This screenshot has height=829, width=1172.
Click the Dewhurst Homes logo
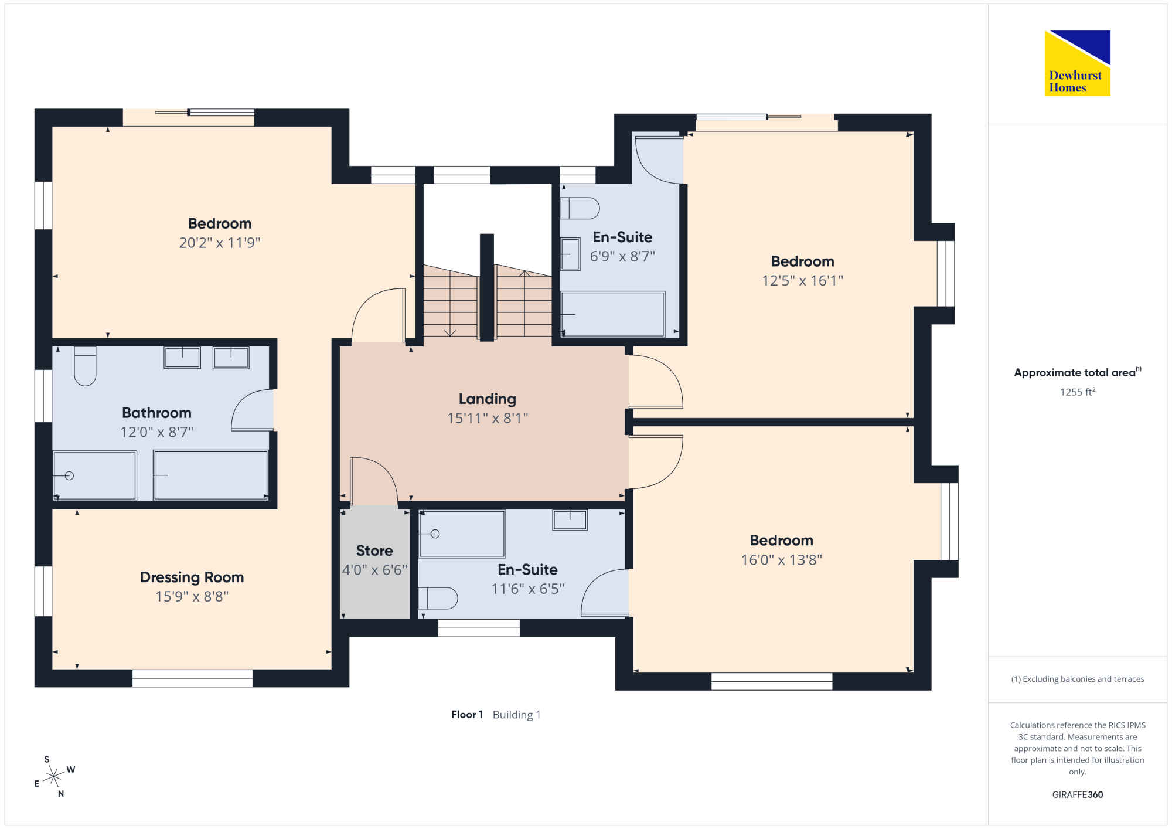pos(1078,63)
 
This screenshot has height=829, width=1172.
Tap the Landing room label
pos(488,399)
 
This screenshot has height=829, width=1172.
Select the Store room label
pos(374,551)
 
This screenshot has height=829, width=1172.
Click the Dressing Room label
pos(192,577)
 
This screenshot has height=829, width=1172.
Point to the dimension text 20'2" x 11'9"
pos(220,243)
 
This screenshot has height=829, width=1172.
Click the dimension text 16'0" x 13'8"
pos(782,560)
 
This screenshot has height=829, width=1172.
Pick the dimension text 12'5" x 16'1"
pos(803,281)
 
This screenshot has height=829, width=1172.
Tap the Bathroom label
pos(157,413)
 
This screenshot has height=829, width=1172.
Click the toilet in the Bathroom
pos(85,366)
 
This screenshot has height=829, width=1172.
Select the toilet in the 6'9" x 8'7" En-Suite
pos(580,208)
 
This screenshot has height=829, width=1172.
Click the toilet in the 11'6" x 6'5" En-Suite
pos(438,599)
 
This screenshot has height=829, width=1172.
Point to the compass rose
pos(54,777)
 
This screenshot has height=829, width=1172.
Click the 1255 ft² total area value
pos(1078,392)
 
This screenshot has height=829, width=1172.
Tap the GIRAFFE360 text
pos(1078,795)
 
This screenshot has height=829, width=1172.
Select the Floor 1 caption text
pos(467,715)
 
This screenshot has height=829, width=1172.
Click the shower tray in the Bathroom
pos(95,475)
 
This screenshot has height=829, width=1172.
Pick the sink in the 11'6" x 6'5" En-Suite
pos(570,520)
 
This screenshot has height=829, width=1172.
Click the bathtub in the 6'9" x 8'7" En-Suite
pos(613,314)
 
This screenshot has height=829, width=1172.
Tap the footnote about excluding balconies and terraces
pos(1078,679)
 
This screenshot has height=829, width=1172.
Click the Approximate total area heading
pos(1078,372)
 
